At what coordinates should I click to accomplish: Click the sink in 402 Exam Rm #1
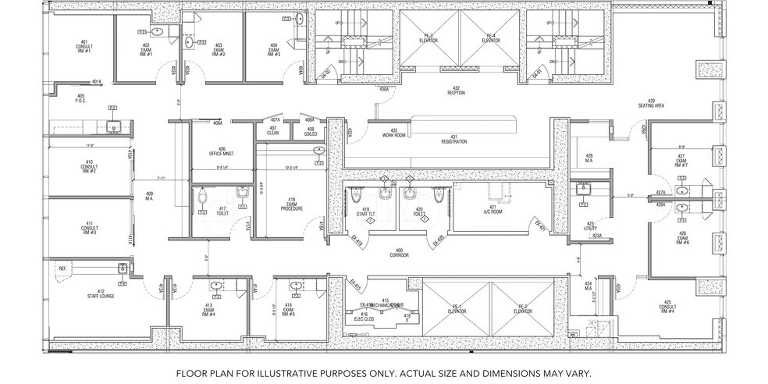point(157,32)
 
